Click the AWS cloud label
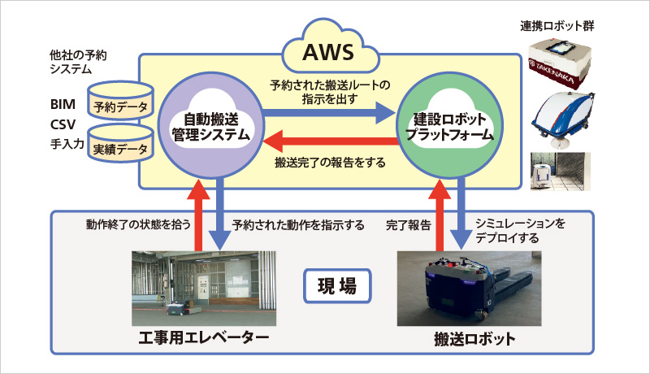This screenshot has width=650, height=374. pyautogui.click(x=328, y=52)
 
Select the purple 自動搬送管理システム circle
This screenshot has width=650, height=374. pyautogui.click(x=211, y=126)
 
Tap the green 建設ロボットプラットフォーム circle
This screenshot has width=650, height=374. pyautogui.click(x=449, y=126)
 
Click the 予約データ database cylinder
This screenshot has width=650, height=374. pyautogui.click(x=120, y=100)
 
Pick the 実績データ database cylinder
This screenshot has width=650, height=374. pyautogui.click(x=120, y=142)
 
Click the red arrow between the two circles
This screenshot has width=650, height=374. pyautogui.click(x=331, y=141)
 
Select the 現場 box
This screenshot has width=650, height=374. pyautogui.click(x=337, y=285)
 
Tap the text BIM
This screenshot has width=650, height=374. pyautogui.click(x=63, y=104)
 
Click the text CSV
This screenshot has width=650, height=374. pyautogui.click(x=63, y=124)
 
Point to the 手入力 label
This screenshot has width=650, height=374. pyautogui.click(x=67, y=144)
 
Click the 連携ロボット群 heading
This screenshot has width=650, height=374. pyautogui.click(x=557, y=26)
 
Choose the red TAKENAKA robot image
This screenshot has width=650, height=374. pyautogui.click(x=560, y=63)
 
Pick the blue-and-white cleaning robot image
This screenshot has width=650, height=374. pyautogui.click(x=563, y=120)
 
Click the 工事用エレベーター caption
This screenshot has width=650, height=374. pyautogui.click(x=204, y=338)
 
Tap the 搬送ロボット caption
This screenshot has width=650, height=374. pyautogui.click(x=474, y=339)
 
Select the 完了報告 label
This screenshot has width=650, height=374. pyautogui.click(x=409, y=225)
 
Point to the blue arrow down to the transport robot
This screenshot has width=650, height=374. pyautogui.click(x=462, y=214)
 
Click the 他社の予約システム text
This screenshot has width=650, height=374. pyautogui.click(x=78, y=62)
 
